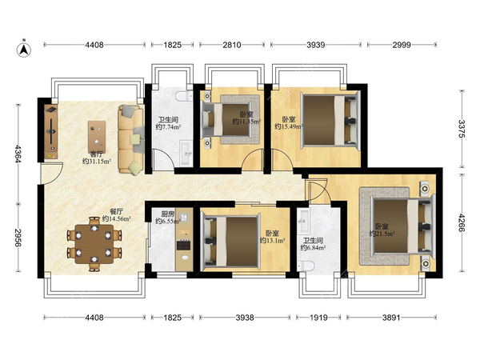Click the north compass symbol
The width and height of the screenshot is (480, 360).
pos(23,49)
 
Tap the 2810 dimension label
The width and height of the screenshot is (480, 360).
pos(232,45)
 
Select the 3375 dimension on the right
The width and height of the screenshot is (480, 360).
pos(462,129)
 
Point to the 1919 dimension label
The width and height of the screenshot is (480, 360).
pos(318,318)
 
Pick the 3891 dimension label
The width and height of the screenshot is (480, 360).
pos(391,318)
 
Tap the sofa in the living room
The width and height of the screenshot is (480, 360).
pos(131,139)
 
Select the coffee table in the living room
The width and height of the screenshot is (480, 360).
pos(97,137)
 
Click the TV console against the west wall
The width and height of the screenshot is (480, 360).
pos(51,132)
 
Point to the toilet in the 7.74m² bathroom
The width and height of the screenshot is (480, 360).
pos(184,96)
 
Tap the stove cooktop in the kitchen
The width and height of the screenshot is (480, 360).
pos(184,246)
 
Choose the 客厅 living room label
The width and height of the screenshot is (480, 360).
pos(96,154)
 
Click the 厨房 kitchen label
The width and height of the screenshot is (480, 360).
pos(167,214)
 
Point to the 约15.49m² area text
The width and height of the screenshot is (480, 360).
pos(289,126)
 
